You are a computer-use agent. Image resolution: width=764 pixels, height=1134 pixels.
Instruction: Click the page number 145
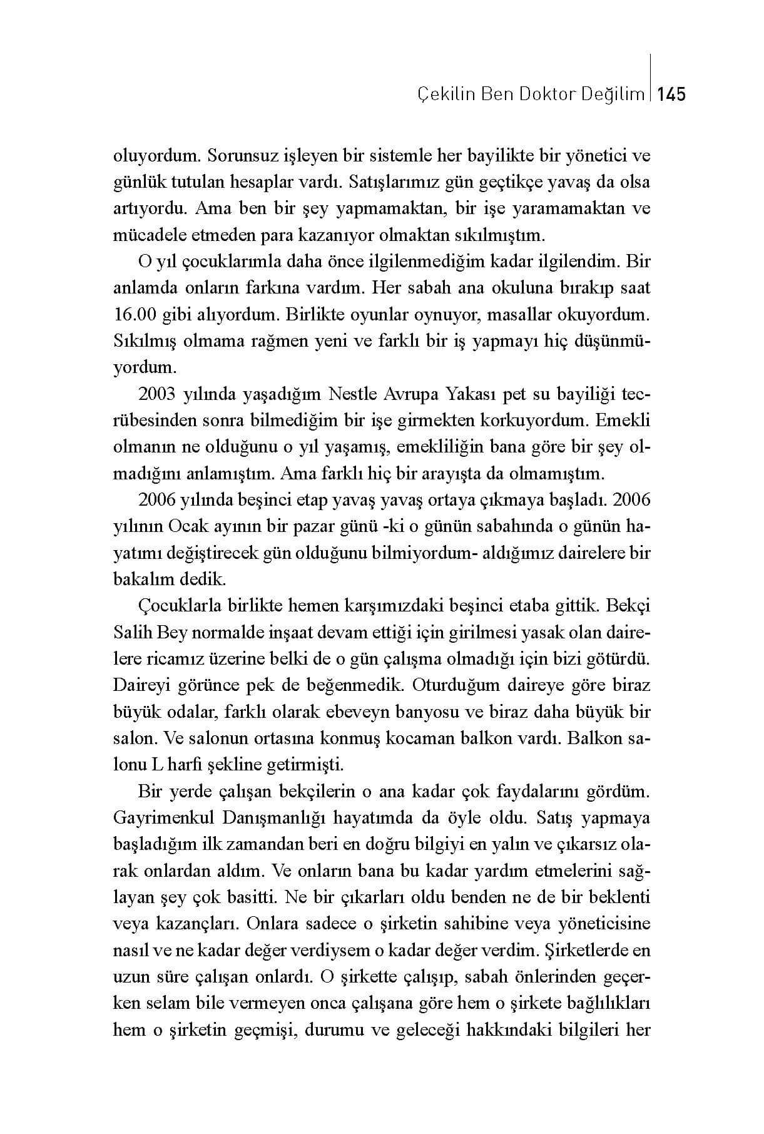[672, 94]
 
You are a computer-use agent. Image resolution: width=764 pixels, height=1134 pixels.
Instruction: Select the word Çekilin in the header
[441, 94]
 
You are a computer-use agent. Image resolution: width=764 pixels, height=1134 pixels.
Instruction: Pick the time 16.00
[134, 315]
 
